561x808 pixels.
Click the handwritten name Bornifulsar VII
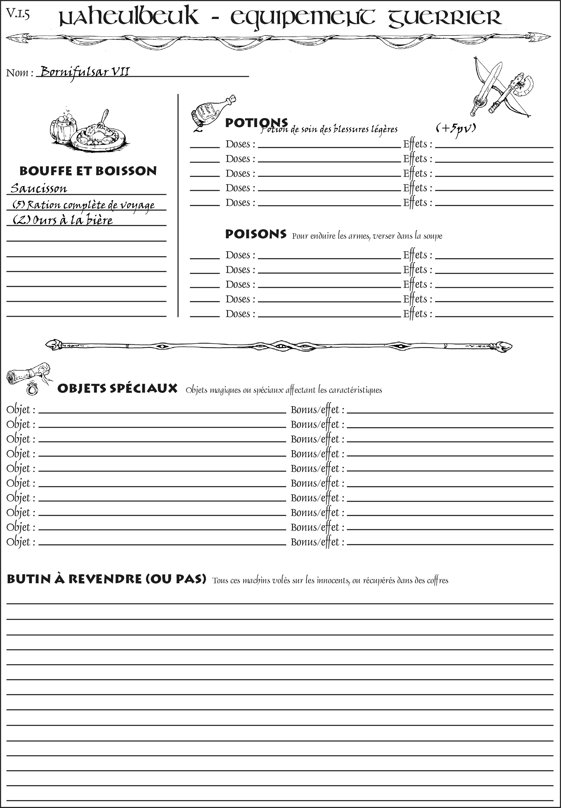coord(85,72)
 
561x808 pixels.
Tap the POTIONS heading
coord(256,123)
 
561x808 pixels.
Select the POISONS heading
coord(255,234)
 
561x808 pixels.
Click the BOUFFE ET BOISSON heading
coord(88,171)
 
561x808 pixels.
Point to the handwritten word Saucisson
coord(39,188)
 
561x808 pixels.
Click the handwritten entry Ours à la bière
coord(63,220)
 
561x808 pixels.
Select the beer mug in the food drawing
coord(63,127)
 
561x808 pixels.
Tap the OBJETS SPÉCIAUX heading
coord(117,389)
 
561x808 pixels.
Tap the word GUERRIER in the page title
coord(444,18)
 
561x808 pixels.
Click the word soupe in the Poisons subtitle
coord(433,236)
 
